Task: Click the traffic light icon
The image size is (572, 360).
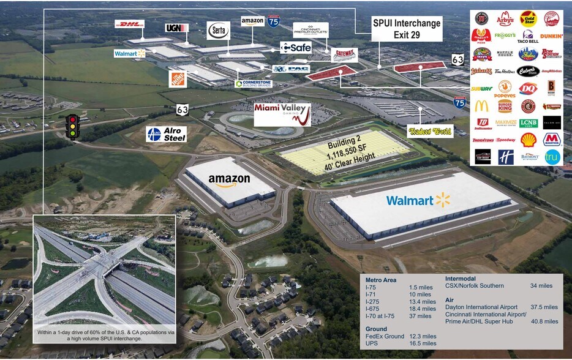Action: tap(73, 127)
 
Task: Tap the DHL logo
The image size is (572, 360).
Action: tap(129, 24)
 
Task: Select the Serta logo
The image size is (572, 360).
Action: tap(217, 28)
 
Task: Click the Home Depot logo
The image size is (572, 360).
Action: tap(178, 78)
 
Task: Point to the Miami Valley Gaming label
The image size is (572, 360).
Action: tap(282, 114)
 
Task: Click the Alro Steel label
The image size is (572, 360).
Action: tap(166, 134)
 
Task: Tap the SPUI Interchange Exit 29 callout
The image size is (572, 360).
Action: tap(407, 28)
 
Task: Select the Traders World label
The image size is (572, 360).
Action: tap(430, 130)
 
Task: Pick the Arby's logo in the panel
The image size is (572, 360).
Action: tap(505, 18)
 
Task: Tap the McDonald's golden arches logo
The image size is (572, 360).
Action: tap(481, 106)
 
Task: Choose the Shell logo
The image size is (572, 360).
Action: tap(527, 140)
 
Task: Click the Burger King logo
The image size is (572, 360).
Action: tap(505, 106)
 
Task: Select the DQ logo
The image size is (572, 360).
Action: tap(527, 88)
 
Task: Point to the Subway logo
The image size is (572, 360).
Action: tap(481, 88)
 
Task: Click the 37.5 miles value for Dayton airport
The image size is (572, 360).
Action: tap(544, 307)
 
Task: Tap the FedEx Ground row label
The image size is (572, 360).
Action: tap(383, 336)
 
